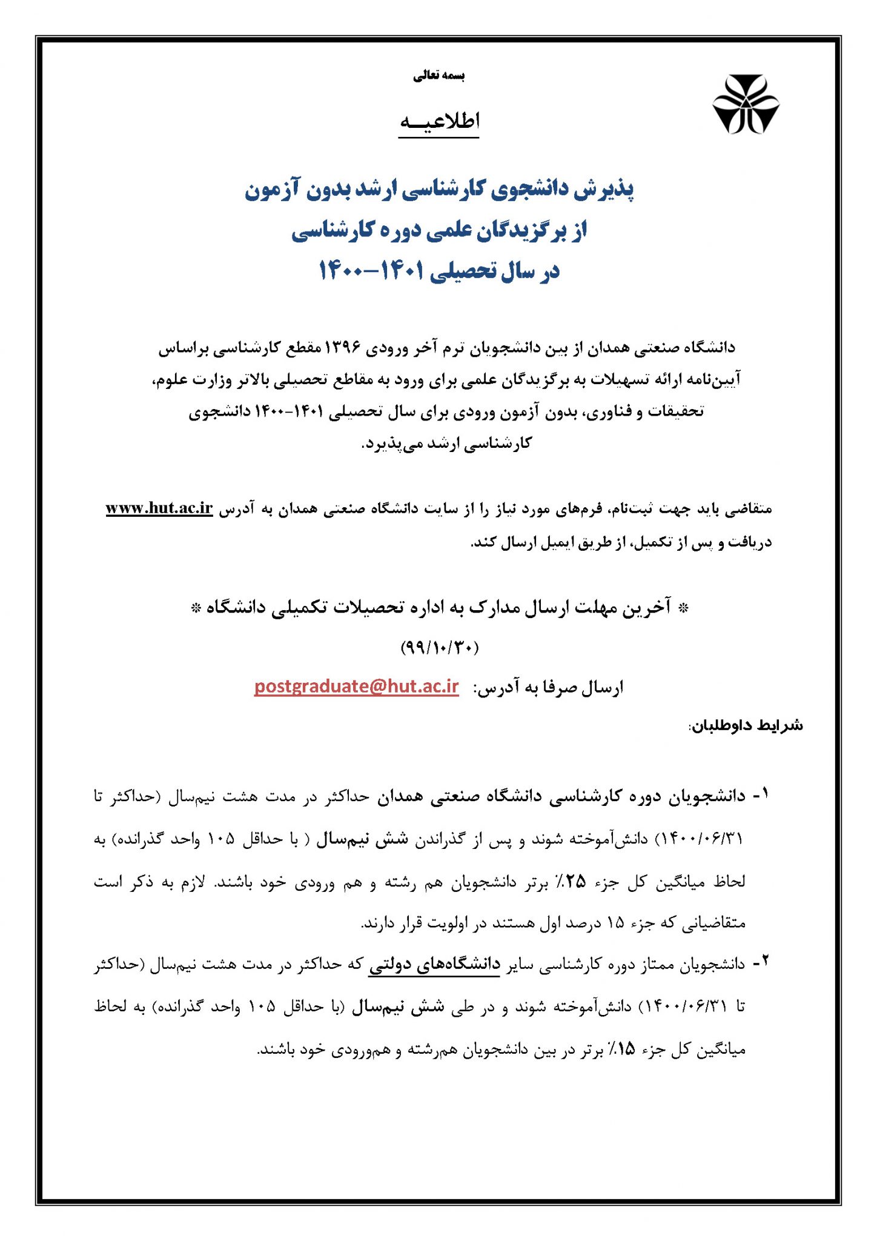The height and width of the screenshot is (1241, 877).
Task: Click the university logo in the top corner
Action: (x=745, y=104)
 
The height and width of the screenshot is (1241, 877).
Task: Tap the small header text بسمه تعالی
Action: (x=439, y=76)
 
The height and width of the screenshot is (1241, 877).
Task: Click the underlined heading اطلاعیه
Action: (x=439, y=121)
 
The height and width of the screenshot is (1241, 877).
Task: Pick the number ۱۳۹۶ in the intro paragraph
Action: (x=343, y=347)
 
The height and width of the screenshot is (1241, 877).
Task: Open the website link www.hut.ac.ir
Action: (x=159, y=508)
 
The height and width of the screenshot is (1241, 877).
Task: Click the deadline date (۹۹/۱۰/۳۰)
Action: (x=439, y=647)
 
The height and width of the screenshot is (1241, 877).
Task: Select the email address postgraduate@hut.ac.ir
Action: (x=356, y=687)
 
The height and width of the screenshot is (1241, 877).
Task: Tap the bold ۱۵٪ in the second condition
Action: (x=621, y=1049)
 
